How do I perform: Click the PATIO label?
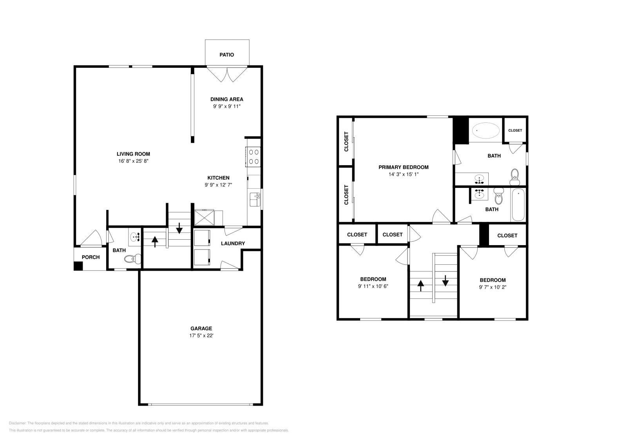point(227,55)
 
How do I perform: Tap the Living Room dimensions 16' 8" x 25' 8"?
point(133,161)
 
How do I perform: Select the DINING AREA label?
point(227,99)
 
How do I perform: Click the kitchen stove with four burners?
point(253,157)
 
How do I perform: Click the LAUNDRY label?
point(233,244)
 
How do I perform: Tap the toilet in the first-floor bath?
point(132,259)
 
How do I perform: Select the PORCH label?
point(91,257)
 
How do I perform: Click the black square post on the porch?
point(78,266)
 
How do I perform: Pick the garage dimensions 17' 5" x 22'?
point(201,336)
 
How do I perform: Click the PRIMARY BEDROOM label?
point(403,167)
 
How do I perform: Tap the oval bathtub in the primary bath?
point(486,131)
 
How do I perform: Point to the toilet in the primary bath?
point(515,177)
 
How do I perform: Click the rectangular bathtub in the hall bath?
point(518,205)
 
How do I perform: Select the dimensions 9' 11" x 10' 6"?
point(373,286)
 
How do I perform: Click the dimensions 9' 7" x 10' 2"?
point(493,287)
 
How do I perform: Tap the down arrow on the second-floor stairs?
point(445,281)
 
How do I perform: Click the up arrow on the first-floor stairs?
point(155,242)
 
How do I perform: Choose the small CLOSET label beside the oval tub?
point(515,131)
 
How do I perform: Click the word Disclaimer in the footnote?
point(18,423)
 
